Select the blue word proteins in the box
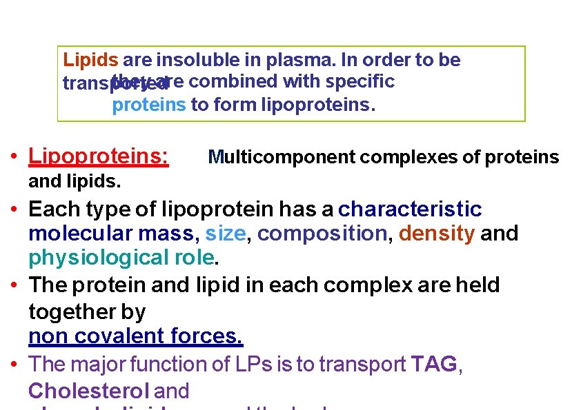tap(148, 105)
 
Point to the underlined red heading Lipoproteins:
tap(98, 156)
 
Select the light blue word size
tap(225, 234)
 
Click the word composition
tap(322, 234)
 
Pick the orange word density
tap(437, 234)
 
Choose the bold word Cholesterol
tap(88, 391)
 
